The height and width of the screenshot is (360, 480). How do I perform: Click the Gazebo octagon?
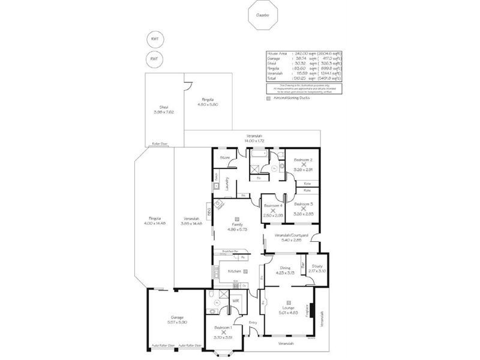[262, 15]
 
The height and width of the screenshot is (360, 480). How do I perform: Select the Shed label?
[159, 107]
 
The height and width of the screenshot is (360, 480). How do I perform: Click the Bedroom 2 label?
[302, 160]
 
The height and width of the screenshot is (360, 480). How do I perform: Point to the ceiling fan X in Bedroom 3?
[303, 209]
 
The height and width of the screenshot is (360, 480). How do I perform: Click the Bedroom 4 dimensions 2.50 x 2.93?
[273, 215]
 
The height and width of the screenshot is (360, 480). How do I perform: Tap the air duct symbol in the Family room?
[238, 219]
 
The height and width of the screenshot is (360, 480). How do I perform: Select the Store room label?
[225, 157]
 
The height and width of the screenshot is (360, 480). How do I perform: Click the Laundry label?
[227, 183]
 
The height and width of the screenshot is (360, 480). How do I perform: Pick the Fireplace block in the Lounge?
[311, 310]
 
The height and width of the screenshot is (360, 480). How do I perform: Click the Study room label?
[318, 266]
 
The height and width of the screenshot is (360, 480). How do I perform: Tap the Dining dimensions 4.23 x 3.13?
[285, 272]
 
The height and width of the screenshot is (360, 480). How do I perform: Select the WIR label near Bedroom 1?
[236, 300]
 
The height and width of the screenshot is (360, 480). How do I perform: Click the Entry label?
[253, 323]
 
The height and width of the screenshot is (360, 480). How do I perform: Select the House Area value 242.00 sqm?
[302, 53]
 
